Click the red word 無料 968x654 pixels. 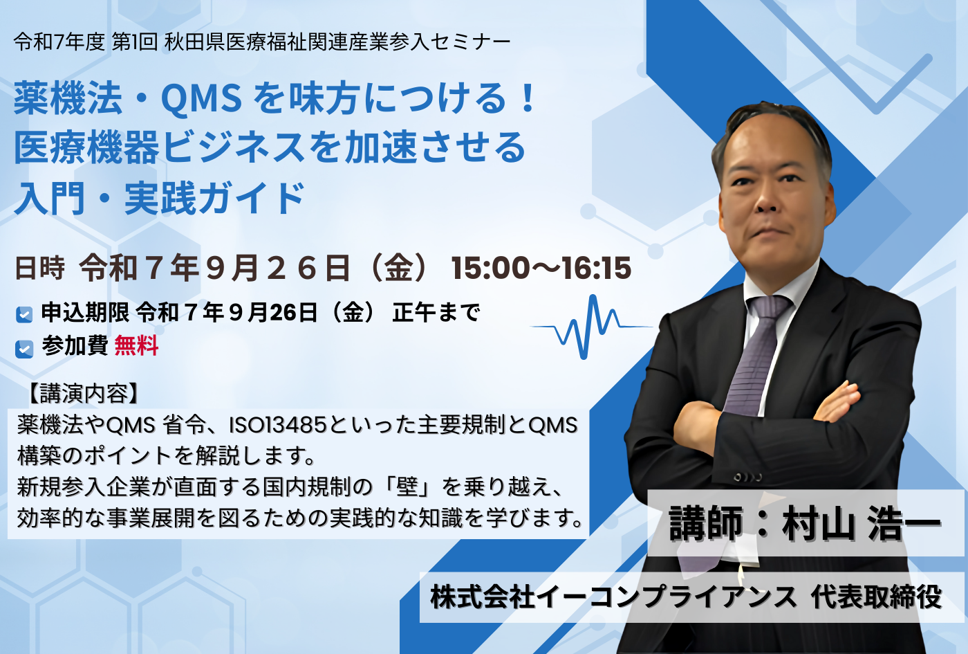pyautogui.click(x=137, y=346)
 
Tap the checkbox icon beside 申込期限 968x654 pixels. pyautogui.click(x=24, y=314)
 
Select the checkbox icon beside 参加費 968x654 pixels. pyautogui.click(x=24, y=349)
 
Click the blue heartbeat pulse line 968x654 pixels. pyautogui.click(x=591, y=327)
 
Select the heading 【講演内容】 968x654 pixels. pyautogui.click(x=83, y=394)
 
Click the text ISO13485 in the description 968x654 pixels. pyautogui.click(x=277, y=425)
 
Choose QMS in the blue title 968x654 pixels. pyautogui.click(x=201, y=99)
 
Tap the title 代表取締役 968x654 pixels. pyautogui.click(x=877, y=597)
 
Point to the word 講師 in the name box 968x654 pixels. pyautogui.click(x=705, y=523)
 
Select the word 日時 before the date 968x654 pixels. pyautogui.click(x=40, y=269)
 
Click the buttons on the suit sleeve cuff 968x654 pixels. pyautogui.click(x=747, y=478)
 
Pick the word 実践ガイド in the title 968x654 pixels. pyautogui.click(x=215, y=198)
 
